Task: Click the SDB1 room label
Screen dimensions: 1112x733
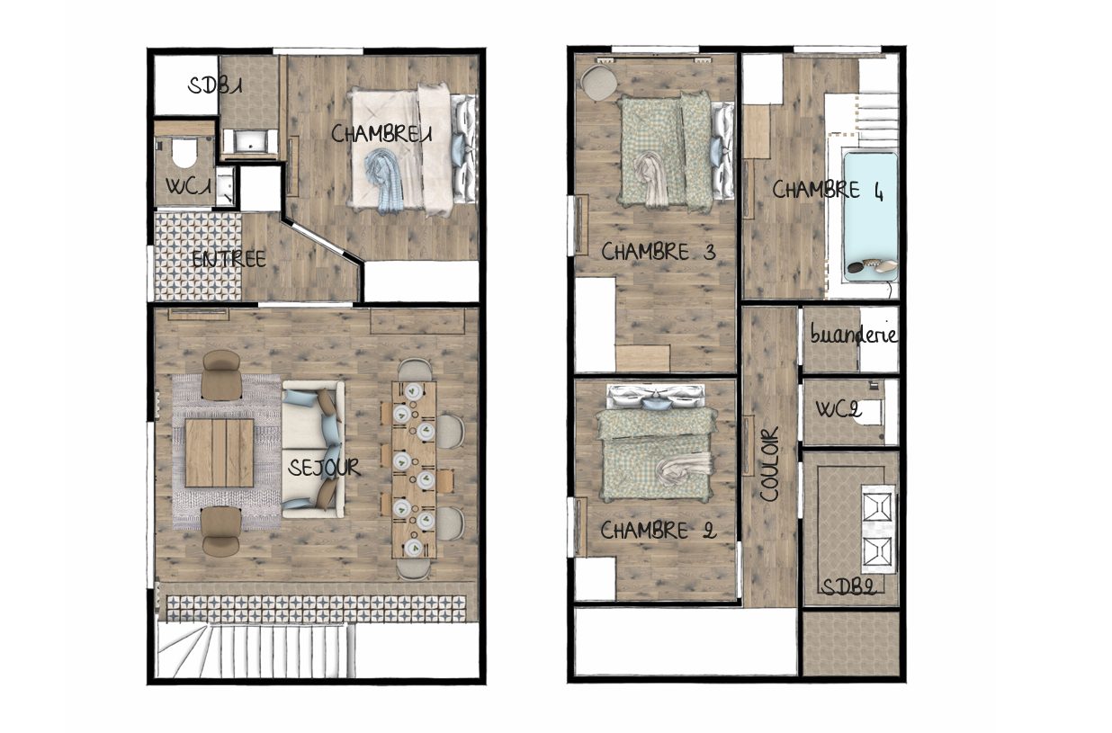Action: click(x=215, y=86)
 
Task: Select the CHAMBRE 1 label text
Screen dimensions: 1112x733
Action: click(x=381, y=134)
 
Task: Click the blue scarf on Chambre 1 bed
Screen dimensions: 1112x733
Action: click(x=385, y=181)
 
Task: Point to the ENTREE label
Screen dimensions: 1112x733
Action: click(x=229, y=259)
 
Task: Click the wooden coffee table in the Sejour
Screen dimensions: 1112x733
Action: click(x=220, y=452)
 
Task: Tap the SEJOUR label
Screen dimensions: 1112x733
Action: click(x=323, y=468)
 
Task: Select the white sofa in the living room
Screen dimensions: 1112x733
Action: click(x=313, y=450)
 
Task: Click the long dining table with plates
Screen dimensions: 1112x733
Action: click(x=414, y=469)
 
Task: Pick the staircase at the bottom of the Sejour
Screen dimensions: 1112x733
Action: click(x=256, y=650)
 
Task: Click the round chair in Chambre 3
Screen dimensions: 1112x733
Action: click(x=599, y=83)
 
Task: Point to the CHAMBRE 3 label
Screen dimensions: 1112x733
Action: click(x=659, y=252)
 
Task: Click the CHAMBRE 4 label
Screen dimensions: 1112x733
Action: click(x=828, y=191)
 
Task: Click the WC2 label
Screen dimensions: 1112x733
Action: click(x=838, y=409)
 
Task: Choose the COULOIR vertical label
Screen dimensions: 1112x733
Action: click(x=769, y=465)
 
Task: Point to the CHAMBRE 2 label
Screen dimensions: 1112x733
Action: click(x=659, y=530)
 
